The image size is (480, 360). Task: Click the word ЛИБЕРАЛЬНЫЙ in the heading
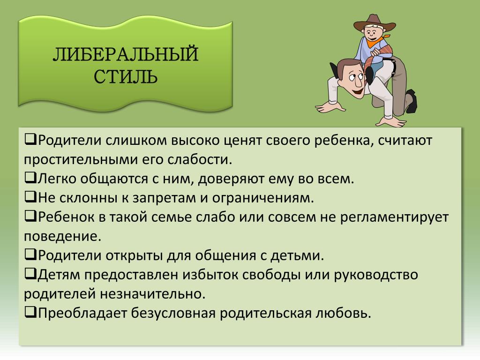click(x=126, y=54)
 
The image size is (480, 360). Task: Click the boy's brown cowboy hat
click(x=374, y=23)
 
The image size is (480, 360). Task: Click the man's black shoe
click(x=412, y=101)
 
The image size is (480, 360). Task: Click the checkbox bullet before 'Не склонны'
click(x=30, y=197)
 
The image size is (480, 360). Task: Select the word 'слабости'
click(x=200, y=160)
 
